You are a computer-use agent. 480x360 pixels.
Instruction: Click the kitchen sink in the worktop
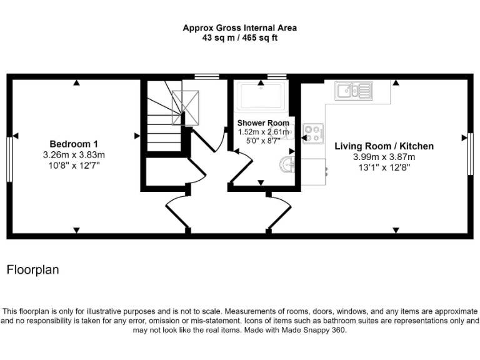coord(353,92)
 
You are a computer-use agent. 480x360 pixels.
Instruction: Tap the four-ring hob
coord(313,133)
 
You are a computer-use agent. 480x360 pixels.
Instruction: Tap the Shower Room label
coord(262,123)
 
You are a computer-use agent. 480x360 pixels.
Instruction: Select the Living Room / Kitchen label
coord(384,146)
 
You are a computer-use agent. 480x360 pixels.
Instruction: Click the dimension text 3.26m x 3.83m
coord(74,154)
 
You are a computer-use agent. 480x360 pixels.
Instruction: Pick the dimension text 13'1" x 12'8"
coord(384,167)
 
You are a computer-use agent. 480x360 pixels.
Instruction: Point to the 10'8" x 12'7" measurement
coord(74,165)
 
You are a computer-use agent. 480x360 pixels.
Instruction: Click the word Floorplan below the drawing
coord(32,270)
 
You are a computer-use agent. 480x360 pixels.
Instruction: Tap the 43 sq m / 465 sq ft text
coord(239,37)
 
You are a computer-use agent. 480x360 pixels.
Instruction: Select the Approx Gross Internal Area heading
coord(239,27)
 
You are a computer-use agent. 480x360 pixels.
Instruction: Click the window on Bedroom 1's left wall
coord(9,159)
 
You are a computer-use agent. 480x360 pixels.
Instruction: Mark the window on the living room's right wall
coord(471,154)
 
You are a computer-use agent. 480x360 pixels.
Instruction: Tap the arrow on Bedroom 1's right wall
coord(137,136)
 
